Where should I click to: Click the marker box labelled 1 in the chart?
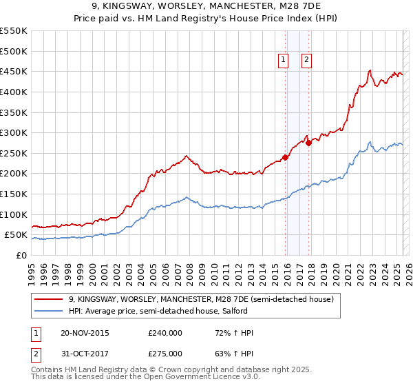coord(284,60)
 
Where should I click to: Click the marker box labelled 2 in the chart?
coord(306,60)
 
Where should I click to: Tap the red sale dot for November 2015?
coord(286,157)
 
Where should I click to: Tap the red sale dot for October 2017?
coord(309,143)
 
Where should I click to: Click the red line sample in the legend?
coord(48,299)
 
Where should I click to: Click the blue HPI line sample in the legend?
coord(48,311)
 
